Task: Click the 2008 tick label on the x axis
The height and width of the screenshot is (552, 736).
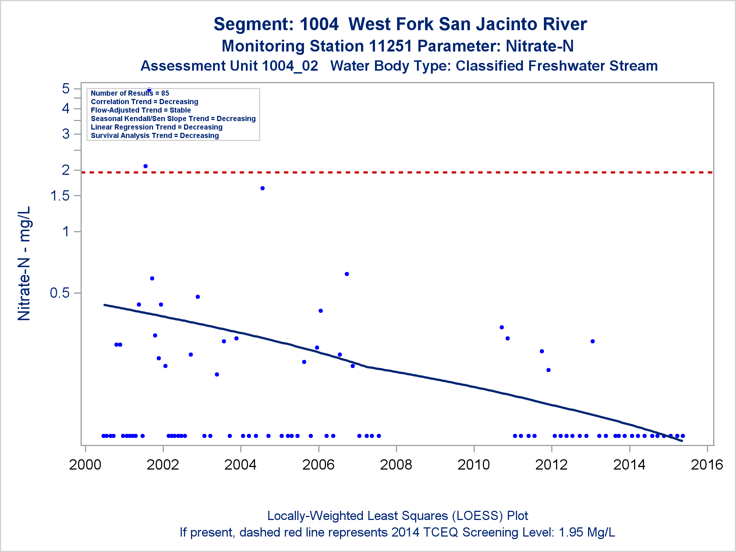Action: pyautogui.click(x=396, y=465)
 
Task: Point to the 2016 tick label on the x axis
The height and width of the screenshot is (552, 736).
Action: pyautogui.click(x=707, y=465)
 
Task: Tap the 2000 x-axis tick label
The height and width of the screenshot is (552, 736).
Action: pyautogui.click(x=85, y=465)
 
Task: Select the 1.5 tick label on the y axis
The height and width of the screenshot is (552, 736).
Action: pyautogui.click(x=60, y=196)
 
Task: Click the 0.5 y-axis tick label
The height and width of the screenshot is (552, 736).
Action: pyautogui.click(x=60, y=293)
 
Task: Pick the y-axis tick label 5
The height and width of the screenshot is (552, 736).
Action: pyautogui.click(x=66, y=89)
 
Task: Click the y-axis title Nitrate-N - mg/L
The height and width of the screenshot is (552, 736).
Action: pyautogui.click(x=24, y=263)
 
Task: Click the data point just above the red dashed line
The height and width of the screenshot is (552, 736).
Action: pyautogui.click(x=145, y=166)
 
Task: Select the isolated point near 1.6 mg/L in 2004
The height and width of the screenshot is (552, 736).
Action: pyautogui.click(x=262, y=188)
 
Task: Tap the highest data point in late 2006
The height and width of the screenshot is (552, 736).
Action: pyautogui.click(x=347, y=274)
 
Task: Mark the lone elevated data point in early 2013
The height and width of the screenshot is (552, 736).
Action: pyautogui.click(x=592, y=341)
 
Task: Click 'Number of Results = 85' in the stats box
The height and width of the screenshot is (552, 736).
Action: pyautogui.click(x=130, y=93)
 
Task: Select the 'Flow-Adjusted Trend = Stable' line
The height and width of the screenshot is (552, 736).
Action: pyautogui.click(x=141, y=110)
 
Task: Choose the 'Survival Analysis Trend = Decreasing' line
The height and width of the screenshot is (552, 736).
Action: pyautogui.click(x=155, y=136)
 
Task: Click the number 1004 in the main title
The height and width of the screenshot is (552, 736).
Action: pyautogui.click(x=319, y=24)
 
